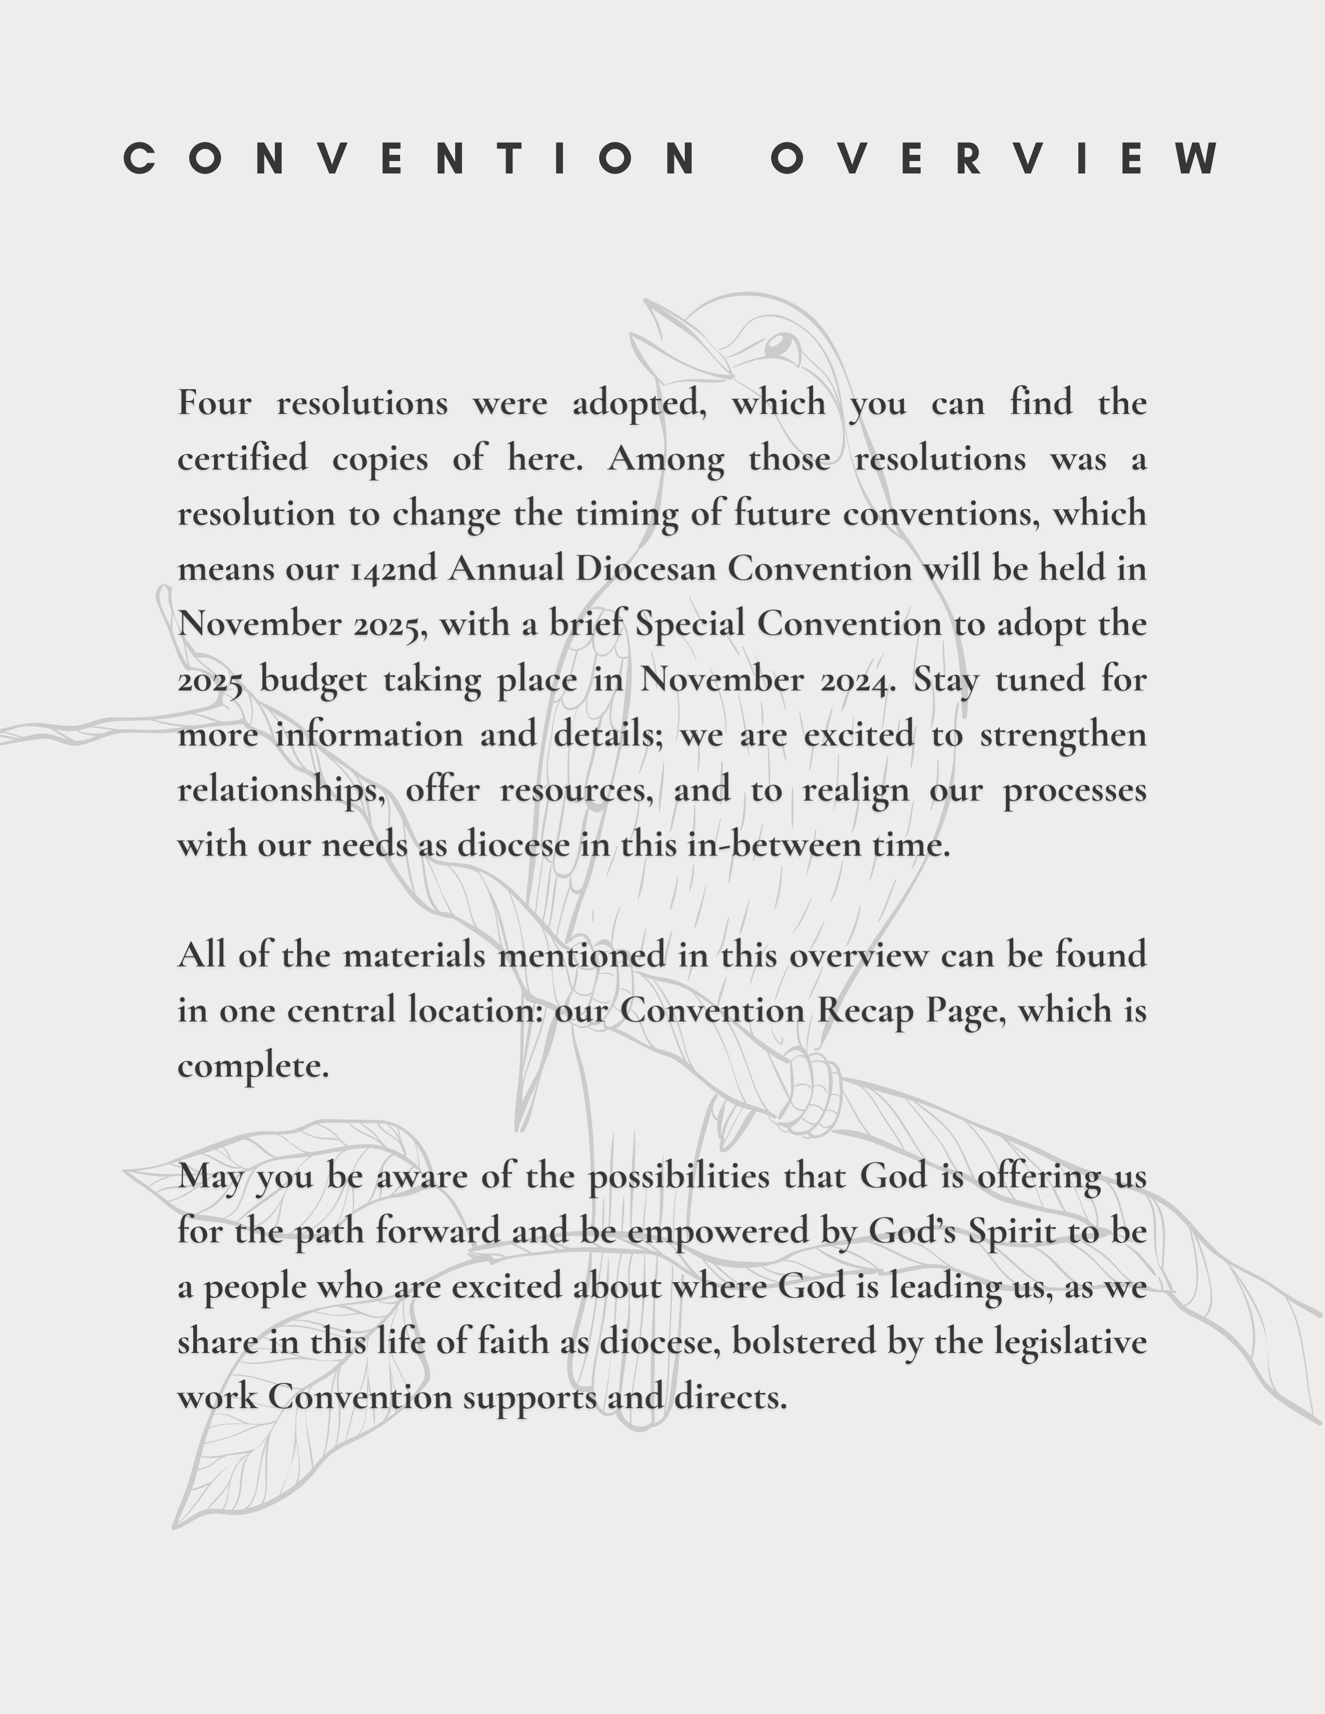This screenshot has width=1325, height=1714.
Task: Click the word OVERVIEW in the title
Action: coord(996,158)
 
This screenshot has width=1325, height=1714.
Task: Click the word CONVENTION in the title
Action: coord(408,158)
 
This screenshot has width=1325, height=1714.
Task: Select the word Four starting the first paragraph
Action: coord(214,404)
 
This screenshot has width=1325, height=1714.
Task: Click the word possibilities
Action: coord(679,1177)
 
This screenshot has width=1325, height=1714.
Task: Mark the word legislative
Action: coord(1071,1343)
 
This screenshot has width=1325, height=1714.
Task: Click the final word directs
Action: coord(730,1398)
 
